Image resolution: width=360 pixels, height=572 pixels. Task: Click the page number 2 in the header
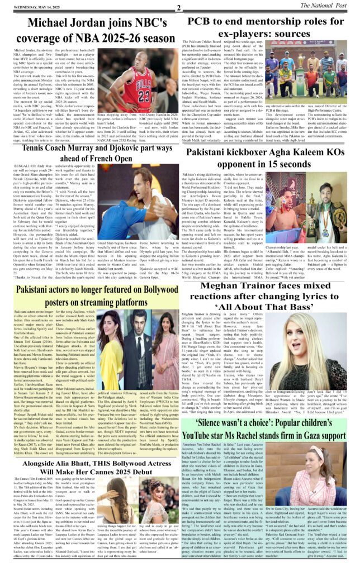(x=179, y=7)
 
